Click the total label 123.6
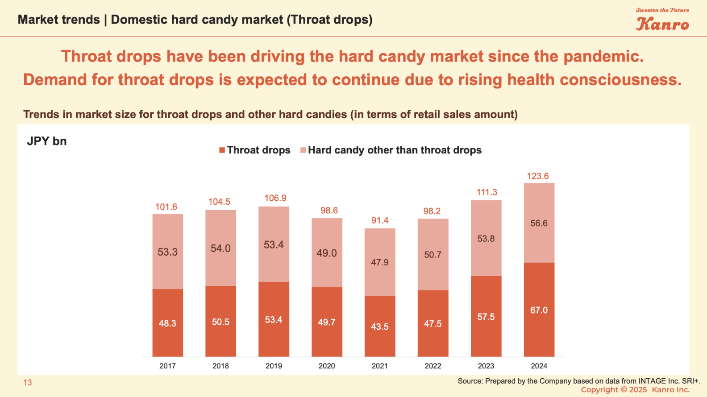click(538, 176)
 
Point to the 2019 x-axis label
click(274, 366)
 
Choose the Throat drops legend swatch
click(222, 150)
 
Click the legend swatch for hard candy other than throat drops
click(303, 150)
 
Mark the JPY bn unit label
click(47, 141)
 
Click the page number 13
click(28, 382)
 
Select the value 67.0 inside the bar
click(539, 310)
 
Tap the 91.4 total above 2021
click(380, 220)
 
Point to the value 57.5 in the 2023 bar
click(486, 317)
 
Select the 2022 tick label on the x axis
click(433, 366)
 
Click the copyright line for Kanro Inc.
click(635, 390)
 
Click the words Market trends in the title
click(59, 20)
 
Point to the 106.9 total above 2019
click(275, 198)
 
